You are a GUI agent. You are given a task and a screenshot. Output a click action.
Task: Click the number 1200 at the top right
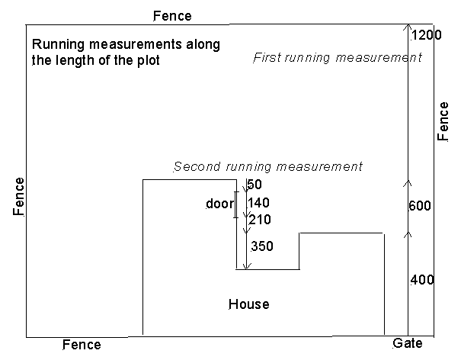coord(426,35)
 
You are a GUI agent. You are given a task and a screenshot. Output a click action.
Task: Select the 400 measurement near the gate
coord(422,280)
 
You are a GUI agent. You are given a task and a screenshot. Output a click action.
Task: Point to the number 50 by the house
coord(255,185)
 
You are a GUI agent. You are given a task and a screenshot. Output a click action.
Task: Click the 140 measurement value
coord(259,203)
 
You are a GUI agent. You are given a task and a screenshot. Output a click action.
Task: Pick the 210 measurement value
coord(259,220)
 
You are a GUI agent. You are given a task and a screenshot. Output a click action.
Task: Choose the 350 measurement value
coord(261,246)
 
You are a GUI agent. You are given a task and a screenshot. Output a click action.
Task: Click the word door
coord(219,204)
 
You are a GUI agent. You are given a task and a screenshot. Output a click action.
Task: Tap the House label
coord(249,304)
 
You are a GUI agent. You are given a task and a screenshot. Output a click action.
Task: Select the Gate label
coord(407,344)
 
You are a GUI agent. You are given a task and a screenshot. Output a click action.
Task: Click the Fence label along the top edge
coord(172,15)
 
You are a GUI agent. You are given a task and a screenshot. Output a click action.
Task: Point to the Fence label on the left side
coord(19,198)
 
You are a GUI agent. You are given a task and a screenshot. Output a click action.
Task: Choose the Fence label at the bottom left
coord(82,345)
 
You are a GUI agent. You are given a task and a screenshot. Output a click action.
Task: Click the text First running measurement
coord(337,58)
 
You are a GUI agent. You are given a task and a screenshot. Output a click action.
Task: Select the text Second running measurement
coord(267,166)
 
